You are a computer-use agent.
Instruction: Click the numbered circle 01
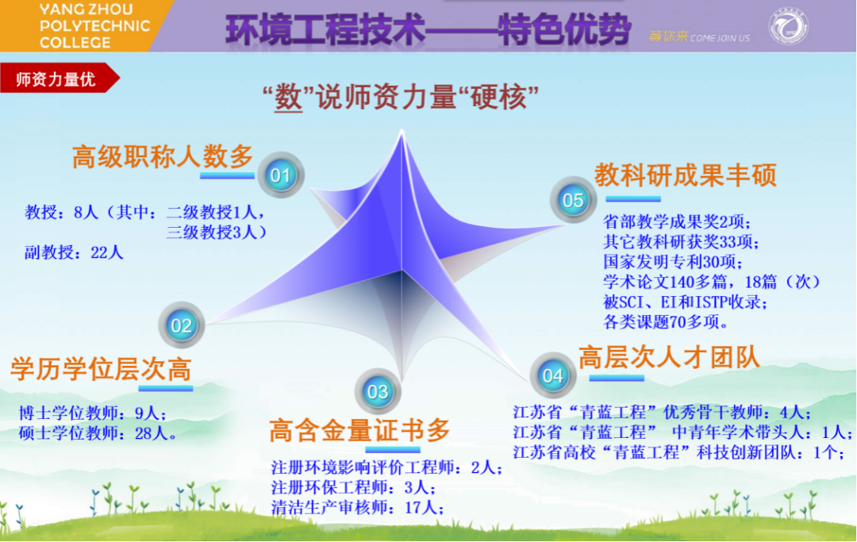[x=280, y=175]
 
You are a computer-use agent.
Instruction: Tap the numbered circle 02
[x=182, y=325]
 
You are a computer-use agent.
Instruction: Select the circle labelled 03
[x=378, y=391]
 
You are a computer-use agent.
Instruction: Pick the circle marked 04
[x=552, y=375]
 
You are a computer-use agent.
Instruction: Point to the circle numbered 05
[x=573, y=199]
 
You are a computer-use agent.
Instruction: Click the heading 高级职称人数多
[x=163, y=157]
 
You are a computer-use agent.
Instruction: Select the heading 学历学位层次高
[x=101, y=369]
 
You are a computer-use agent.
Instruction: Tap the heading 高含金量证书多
[x=359, y=430]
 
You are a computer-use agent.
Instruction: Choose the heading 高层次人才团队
[x=670, y=358]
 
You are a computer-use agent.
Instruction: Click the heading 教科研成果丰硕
[x=686, y=175]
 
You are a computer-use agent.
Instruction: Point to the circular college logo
[x=788, y=25]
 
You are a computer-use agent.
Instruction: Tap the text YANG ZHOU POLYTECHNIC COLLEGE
[x=94, y=25]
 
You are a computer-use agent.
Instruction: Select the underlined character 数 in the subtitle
[x=288, y=98]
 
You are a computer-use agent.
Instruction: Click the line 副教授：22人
[x=74, y=252]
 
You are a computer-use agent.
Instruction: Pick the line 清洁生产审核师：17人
[x=358, y=508]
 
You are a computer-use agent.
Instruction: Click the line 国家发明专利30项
[x=673, y=262]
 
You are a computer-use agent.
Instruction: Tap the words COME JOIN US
[x=720, y=38]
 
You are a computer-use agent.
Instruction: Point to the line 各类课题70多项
[x=666, y=322]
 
